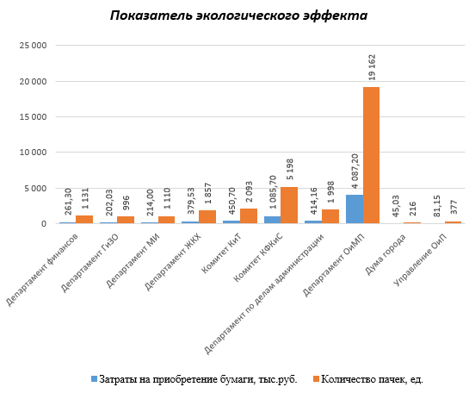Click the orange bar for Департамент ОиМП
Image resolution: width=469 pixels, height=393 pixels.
[x=371, y=155]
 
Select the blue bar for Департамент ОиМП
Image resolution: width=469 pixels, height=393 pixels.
[x=355, y=209]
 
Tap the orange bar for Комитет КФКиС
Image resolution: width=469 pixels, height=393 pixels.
[x=289, y=205]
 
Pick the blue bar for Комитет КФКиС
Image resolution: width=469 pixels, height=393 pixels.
[x=273, y=220]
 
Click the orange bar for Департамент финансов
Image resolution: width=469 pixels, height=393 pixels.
[x=84, y=220]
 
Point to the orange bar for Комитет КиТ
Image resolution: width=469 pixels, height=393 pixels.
[x=248, y=216]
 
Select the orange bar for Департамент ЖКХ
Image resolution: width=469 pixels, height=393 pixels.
[x=207, y=217]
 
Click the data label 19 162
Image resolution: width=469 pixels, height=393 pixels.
[x=372, y=67]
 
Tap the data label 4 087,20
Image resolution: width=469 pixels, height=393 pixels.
[x=355, y=171]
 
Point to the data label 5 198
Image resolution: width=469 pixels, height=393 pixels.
[x=289, y=169]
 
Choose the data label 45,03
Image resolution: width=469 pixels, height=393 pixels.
[x=396, y=206]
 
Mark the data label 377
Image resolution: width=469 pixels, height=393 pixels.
[x=454, y=207]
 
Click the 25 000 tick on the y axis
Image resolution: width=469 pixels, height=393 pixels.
[x=34, y=46]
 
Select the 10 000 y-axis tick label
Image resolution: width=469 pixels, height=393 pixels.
[x=34, y=153]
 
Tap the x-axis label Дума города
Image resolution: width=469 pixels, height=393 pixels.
[x=386, y=254]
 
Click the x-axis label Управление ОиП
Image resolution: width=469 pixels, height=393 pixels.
[x=420, y=259]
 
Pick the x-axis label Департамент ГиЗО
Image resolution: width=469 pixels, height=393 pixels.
[x=89, y=263]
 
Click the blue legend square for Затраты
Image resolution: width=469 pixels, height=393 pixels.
[x=94, y=379]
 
